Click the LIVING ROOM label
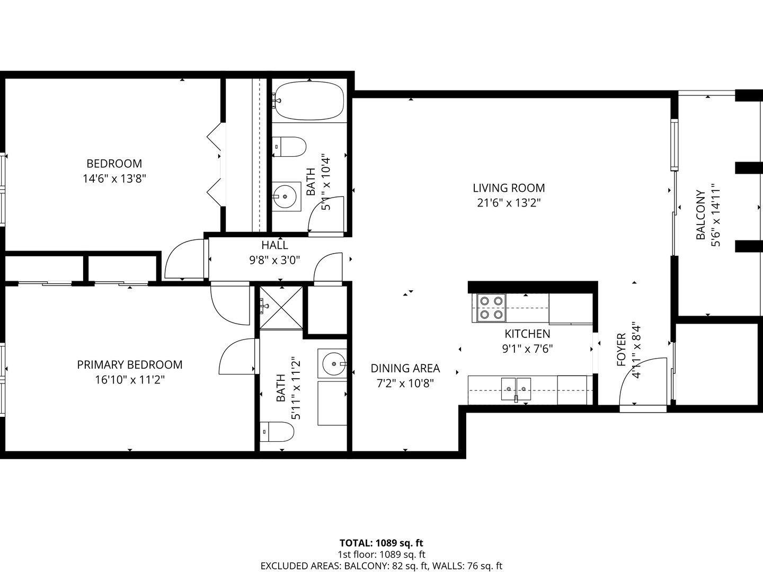click(509, 188)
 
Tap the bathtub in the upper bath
click(309, 101)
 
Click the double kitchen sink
click(516, 389)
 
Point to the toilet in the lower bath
click(277, 432)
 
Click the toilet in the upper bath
click(289, 147)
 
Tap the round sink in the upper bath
click(285, 196)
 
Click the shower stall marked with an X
click(281, 308)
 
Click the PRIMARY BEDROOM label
click(130, 365)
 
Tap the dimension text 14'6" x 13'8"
click(114, 178)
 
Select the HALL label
click(274, 245)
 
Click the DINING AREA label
click(405, 368)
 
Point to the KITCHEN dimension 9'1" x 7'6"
click(527, 348)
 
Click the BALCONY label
click(701, 215)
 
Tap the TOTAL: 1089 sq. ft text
click(381, 543)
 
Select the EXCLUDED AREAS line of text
click(381, 566)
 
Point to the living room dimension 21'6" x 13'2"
click(509, 202)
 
